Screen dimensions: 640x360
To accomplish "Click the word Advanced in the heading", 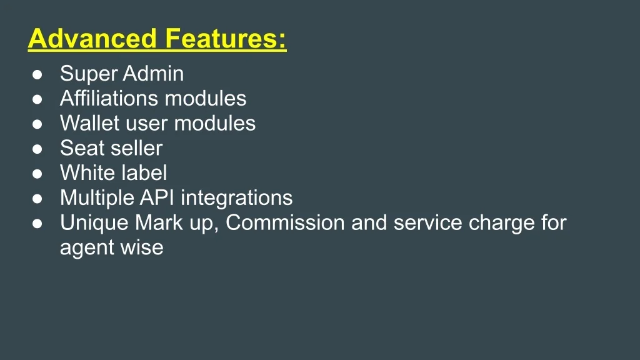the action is [x=92, y=38].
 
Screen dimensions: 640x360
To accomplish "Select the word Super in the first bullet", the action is [x=89, y=74].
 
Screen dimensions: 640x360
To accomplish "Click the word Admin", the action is [x=153, y=74].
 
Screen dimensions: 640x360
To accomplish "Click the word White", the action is [x=86, y=173].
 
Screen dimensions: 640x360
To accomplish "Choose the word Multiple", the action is [x=97, y=198].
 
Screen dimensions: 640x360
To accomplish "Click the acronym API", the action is [x=157, y=197].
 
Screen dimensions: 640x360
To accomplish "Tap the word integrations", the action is [x=237, y=198].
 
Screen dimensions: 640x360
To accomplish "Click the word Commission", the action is [x=286, y=223].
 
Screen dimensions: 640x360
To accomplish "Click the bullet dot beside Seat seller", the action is [x=37, y=149].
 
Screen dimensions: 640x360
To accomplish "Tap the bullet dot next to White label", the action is [x=37, y=174].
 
